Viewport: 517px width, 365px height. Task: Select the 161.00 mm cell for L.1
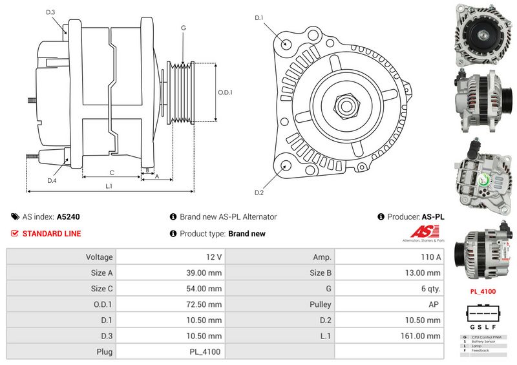pyautogui.click(x=421, y=336)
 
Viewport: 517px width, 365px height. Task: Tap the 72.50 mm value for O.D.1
pyautogui.click(x=204, y=304)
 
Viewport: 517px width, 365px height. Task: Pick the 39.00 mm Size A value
pyautogui.click(x=204, y=273)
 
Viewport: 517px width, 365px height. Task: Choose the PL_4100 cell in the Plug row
pyautogui.click(x=205, y=352)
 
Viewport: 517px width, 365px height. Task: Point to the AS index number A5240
pyautogui.click(x=69, y=218)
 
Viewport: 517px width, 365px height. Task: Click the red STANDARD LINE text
pyautogui.click(x=52, y=234)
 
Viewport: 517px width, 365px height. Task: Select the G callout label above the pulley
pyautogui.click(x=184, y=28)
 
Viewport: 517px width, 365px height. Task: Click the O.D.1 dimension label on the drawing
pyautogui.click(x=225, y=92)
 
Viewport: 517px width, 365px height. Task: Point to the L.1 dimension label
pyautogui.click(x=109, y=187)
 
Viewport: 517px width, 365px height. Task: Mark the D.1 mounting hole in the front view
pyautogui.click(x=286, y=43)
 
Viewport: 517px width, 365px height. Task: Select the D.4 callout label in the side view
pyautogui.click(x=52, y=181)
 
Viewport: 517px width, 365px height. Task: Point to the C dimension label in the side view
pyautogui.click(x=112, y=172)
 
